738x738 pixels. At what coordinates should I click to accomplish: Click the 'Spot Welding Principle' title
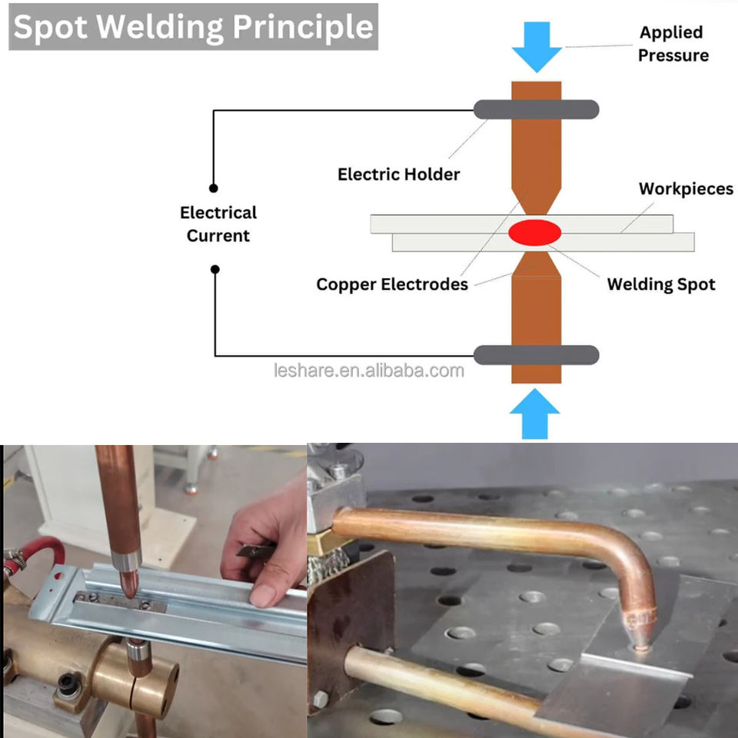pos(193,27)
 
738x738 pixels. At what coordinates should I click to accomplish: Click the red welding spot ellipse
pos(533,232)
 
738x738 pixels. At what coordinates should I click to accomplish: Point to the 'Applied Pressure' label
pos(673,44)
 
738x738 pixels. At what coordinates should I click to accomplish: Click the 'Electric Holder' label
pos(398,175)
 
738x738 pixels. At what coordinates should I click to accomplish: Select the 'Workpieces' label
pos(686,189)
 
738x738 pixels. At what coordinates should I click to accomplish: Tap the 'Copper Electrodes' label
pos(392,284)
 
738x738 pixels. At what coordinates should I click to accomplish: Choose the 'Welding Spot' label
pos(661,284)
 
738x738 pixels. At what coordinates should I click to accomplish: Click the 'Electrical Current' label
pos(218,224)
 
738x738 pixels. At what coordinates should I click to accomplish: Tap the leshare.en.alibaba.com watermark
pos(369,371)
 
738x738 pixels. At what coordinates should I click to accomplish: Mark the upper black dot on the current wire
pos(214,188)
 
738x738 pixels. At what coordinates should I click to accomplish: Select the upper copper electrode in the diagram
pos(536,161)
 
